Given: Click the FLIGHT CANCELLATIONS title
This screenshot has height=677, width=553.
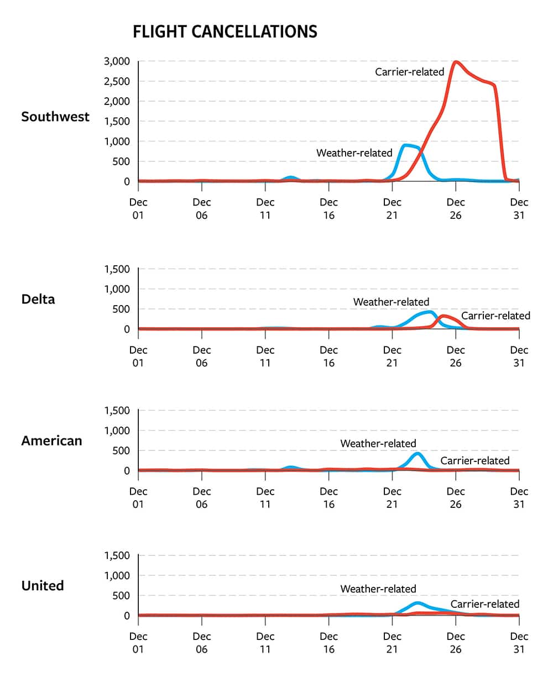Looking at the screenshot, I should click(x=225, y=32).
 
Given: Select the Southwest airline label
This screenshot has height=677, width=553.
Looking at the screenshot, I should click(x=55, y=117).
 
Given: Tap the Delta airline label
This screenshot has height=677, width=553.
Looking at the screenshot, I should click(x=38, y=299).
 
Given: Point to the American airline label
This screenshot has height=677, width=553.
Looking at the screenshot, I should click(x=51, y=440).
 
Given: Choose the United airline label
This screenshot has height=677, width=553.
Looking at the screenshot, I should click(x=43, y=585).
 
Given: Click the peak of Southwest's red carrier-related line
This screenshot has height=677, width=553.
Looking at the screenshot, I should click(x=456, y=62).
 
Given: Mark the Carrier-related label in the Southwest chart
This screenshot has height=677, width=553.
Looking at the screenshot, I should click(x=409, y=72).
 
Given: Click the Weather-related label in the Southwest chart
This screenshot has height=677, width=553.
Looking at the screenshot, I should click(x=354, y=153).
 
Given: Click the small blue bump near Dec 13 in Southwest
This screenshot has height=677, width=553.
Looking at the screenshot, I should click(x=290, y=178).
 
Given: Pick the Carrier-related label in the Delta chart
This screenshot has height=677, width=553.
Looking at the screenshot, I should click(x=495, y=316).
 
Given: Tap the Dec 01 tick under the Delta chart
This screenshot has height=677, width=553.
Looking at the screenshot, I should click(x=138, y=356).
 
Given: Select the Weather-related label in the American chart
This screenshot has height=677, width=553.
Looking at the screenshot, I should click(x=378, y=443).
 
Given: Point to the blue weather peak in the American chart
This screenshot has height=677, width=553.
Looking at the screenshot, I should click(x=418, y=454).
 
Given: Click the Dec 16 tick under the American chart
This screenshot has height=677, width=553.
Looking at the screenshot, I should click(x=329, y=497).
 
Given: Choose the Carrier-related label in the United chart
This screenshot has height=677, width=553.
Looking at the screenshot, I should click(x=485, y=604).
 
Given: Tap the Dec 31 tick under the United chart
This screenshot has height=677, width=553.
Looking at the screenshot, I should click(x=519, y=643).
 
